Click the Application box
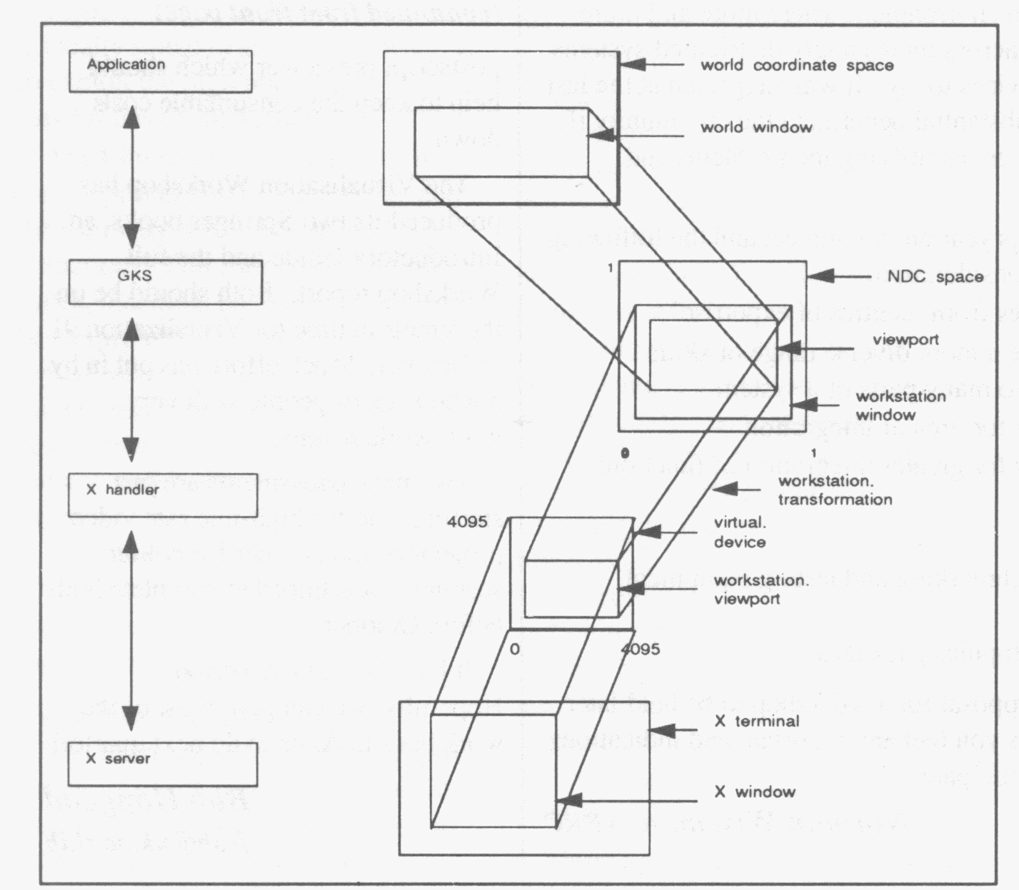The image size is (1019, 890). click(160, 71)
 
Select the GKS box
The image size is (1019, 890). click(165, 282)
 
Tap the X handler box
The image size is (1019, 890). click(163, 495)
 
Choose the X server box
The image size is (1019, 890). click(162, 764)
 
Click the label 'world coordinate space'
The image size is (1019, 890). click(796, 66)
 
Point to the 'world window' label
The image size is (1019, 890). click(756, 128)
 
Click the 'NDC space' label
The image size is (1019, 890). click(935, 277)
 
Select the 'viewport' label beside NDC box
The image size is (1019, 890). click(905, 340)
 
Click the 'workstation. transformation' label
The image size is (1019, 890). click(835, 490)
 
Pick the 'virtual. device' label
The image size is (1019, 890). click(740, 532)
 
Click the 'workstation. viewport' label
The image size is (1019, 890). click(761, 590)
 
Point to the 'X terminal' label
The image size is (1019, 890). click(757, 722)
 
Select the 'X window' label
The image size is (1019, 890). click(755, 792)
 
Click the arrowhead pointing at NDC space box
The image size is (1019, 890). click(821, 276)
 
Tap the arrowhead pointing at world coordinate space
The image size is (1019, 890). click(634, 64)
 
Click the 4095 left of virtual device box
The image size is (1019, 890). click(467, 522)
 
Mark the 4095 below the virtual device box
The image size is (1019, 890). click(640, 649)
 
